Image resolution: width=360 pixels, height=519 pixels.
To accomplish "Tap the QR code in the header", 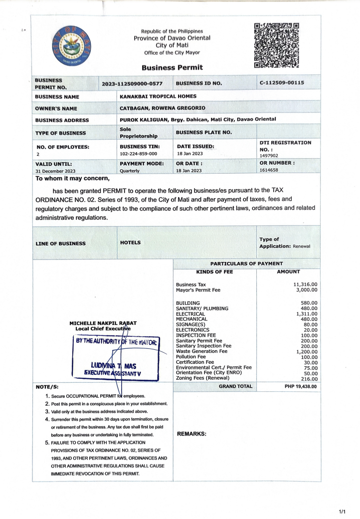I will tap(276, 45).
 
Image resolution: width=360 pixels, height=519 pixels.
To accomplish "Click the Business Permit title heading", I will tap(172, 67).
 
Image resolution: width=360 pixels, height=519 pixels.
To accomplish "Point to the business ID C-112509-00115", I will tap(282, 83).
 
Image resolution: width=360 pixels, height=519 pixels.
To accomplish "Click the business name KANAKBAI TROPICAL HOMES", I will tap(158, 96).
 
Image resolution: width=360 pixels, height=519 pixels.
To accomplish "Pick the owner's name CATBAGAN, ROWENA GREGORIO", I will tap(162, 108).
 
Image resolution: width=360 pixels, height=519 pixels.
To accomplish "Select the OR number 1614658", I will tap(269, 170).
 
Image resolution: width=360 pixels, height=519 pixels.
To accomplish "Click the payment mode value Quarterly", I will tap(130, 170).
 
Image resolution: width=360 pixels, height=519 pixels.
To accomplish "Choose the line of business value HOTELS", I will tap(130, 243).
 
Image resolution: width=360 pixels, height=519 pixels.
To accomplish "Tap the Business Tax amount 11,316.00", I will tap(305, 284).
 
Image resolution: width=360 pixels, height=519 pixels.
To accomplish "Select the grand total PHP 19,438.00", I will tap(298, 386).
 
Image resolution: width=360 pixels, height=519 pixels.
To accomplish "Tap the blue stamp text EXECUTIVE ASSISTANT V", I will tap(109, 372).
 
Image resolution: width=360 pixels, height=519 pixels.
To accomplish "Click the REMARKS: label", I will tap(192, 434).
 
